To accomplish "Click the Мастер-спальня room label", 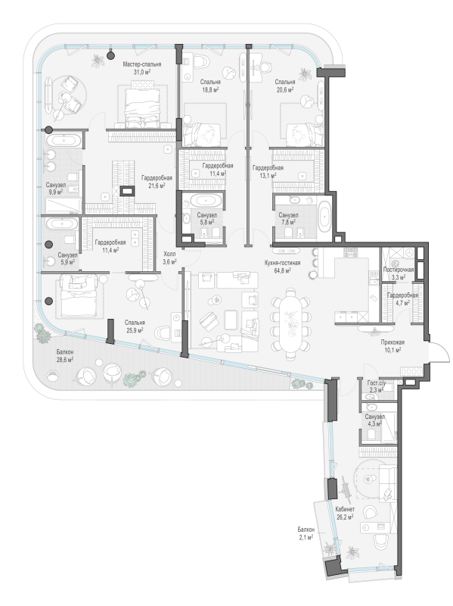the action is coord(142,64).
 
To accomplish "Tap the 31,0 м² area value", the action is coord(142,71).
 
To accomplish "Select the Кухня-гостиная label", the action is coord(282,263).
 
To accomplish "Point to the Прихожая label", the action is coord(392,342).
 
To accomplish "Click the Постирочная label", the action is coord(399,270).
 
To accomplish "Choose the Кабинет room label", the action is coord(345,509).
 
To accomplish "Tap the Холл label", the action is coord(169,255).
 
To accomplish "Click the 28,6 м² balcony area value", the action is coord(65,359).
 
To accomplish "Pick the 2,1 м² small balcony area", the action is coord(306,537).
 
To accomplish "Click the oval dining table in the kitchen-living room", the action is coord(291,320).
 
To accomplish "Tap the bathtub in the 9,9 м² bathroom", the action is coord(64,140).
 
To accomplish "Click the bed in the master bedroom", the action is coord(142,106).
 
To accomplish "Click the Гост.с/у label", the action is coord(376,383).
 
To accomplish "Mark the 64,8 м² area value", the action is coord(282,270).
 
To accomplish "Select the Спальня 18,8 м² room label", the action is coord(210,86).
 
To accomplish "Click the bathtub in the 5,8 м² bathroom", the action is coord(207,201).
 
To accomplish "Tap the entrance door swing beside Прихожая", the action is coord(440,352).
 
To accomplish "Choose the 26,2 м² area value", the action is coord(345,517).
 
